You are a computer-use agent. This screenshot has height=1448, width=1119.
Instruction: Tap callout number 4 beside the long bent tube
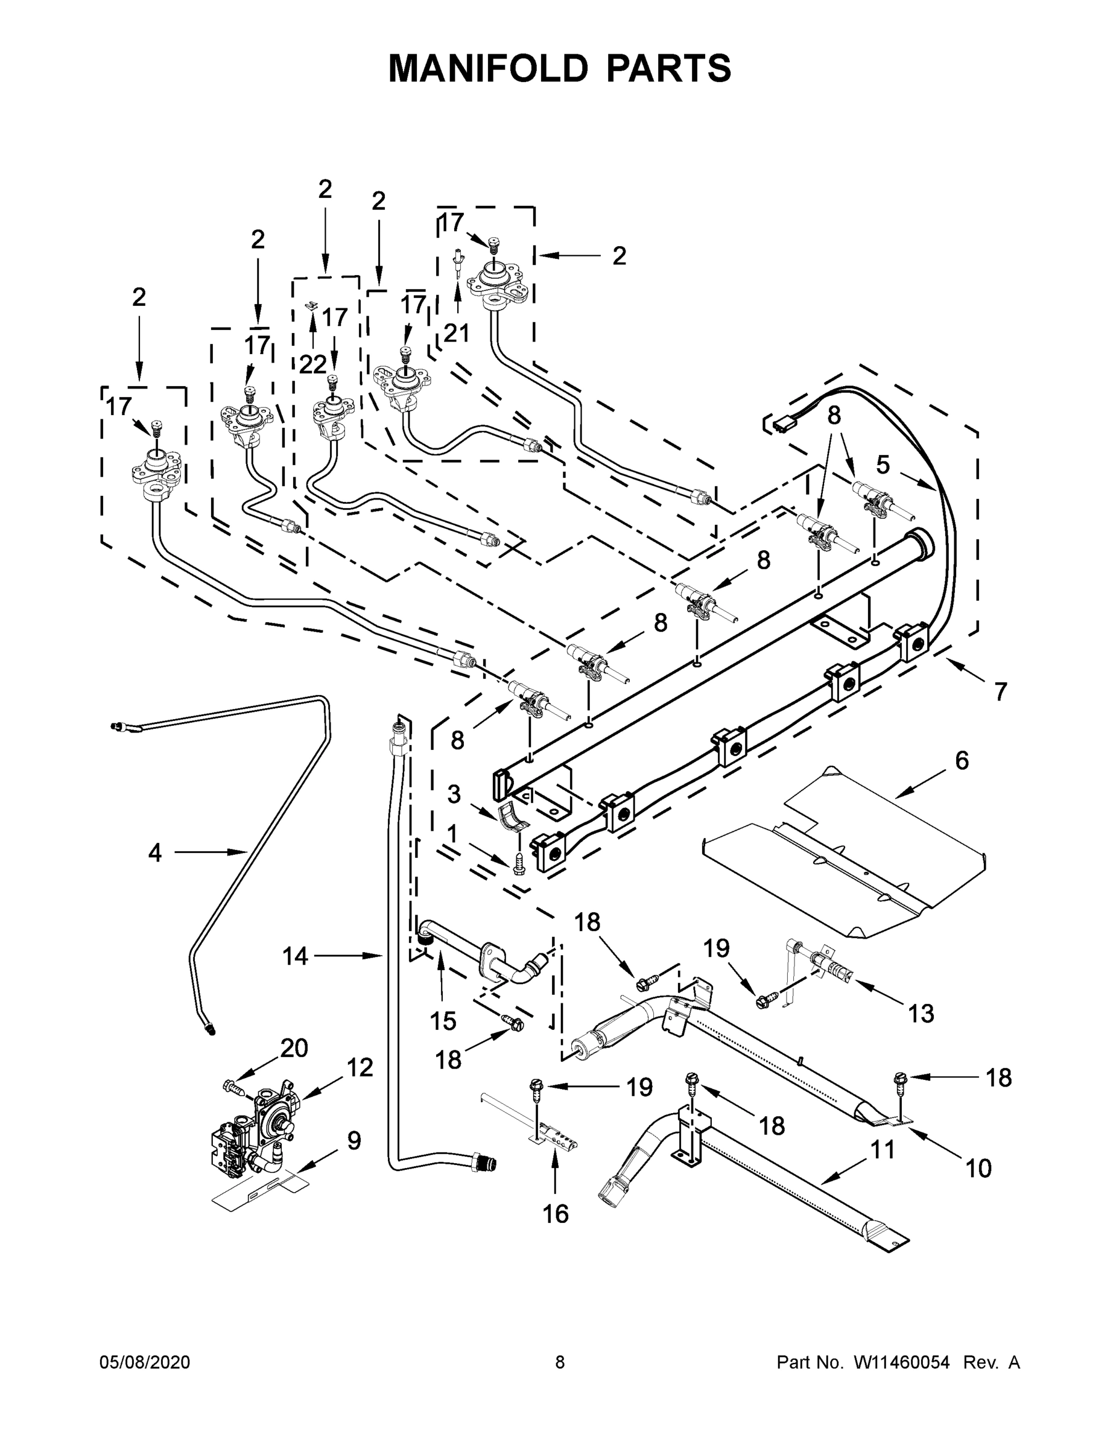(154, 853)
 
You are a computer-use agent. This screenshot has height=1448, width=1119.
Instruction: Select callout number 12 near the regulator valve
(360, 1067)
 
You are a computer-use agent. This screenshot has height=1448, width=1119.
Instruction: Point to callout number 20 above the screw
(294, 1048)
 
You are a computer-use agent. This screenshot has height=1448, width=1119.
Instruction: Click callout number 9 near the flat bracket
(354, 1140)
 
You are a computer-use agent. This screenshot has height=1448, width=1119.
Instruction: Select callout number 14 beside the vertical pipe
(295, 956)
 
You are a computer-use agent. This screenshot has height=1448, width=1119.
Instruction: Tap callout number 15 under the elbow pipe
(443, 1021)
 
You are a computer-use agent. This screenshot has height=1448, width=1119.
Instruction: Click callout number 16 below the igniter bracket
(556, 1214)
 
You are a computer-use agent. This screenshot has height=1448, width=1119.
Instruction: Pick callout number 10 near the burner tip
(978, 1168)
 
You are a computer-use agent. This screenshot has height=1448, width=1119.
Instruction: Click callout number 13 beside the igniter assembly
(921, 1013)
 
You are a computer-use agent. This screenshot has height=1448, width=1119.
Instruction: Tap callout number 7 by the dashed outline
(1000, 691)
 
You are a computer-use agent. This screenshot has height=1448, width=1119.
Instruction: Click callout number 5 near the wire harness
(883, 465)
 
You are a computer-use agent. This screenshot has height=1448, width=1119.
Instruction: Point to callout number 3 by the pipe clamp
(454, 793)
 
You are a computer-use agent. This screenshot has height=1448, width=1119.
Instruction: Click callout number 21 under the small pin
(456, 333)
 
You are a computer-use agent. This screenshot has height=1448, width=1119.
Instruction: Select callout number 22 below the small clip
(312, 364)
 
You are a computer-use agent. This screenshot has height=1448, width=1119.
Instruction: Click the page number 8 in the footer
(560, 1362)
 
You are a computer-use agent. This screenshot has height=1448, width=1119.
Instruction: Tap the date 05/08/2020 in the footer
(145, 1362)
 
